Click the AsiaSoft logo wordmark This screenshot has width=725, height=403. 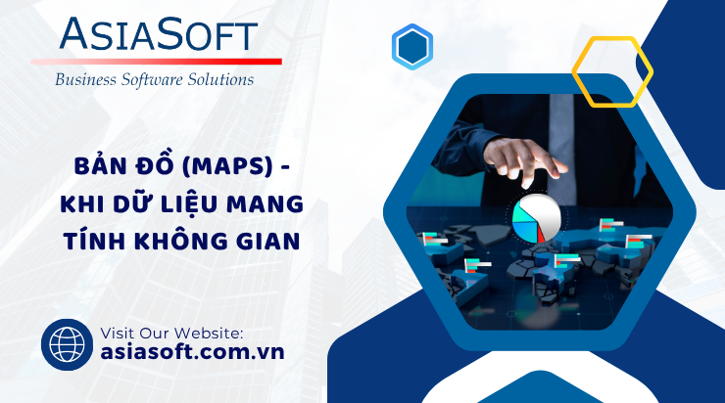tap(158, 34)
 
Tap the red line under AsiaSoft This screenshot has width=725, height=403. tap(157, 62)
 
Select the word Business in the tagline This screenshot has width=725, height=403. tap(85, 80)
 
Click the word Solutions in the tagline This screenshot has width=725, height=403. tap(220, 79)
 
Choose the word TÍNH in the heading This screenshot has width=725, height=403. tap(94, 241)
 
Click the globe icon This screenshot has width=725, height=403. tap(67, 345)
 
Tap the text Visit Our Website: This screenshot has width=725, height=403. tap(171, 333)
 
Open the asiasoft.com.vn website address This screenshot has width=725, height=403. tap(192, 352)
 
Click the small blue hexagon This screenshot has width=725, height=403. tap(412, 47)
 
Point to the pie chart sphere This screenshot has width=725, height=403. tap(537, 218)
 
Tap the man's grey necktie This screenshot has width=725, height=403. tap(561, 148)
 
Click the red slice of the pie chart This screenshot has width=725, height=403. tap(541, 235)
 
